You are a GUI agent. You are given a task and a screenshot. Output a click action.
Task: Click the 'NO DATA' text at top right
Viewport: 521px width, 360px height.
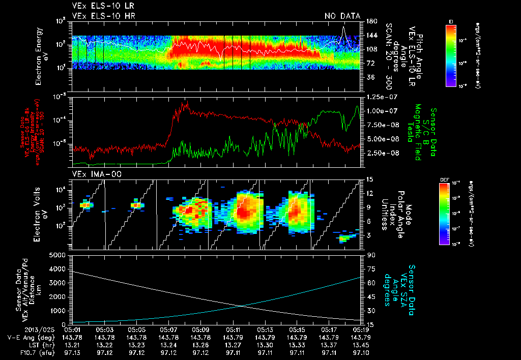coord(342,16)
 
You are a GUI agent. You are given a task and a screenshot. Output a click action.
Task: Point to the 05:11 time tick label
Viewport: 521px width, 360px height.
coord(233,329)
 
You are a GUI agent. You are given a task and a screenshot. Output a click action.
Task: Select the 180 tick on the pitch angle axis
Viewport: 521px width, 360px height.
coord(371,21)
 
